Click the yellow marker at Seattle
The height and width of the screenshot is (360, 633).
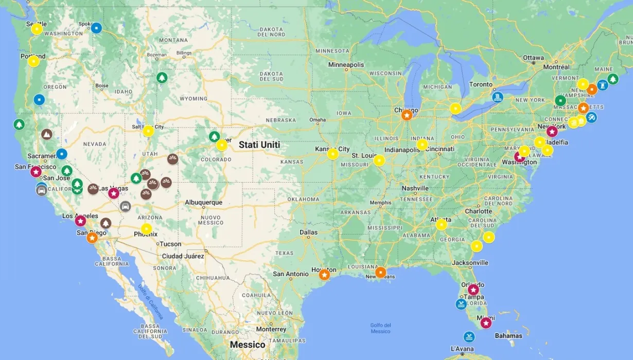pos(37,29)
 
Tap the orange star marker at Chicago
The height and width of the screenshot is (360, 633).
pos(407,115)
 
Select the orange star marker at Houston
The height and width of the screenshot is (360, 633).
pos(324,275)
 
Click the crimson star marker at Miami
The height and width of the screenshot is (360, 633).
pos(486,323)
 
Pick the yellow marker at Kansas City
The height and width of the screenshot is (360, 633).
pos(333,154)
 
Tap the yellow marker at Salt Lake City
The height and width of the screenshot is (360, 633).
pos(148,131)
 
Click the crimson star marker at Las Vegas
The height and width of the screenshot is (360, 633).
pos(114,193)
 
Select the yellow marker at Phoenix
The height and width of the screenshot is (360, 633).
pos(147,229)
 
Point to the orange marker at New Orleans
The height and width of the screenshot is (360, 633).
pos(380,272)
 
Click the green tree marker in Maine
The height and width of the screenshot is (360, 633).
pos(612,79)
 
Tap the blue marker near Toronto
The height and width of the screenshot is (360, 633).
pos(497,97)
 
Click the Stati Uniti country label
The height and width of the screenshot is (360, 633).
pos(259,145)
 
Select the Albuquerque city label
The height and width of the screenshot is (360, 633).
pos(204,202)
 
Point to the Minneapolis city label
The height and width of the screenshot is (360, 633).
pos(346,65)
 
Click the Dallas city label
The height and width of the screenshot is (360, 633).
pos(309,232)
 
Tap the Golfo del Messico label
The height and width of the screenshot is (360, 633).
pos(380,328)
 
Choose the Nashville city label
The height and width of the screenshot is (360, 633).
pos(415,188)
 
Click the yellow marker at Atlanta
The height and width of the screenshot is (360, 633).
pos(442,224)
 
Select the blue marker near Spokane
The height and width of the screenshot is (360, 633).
pos(96,28)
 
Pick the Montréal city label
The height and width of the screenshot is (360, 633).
pos(556,67)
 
